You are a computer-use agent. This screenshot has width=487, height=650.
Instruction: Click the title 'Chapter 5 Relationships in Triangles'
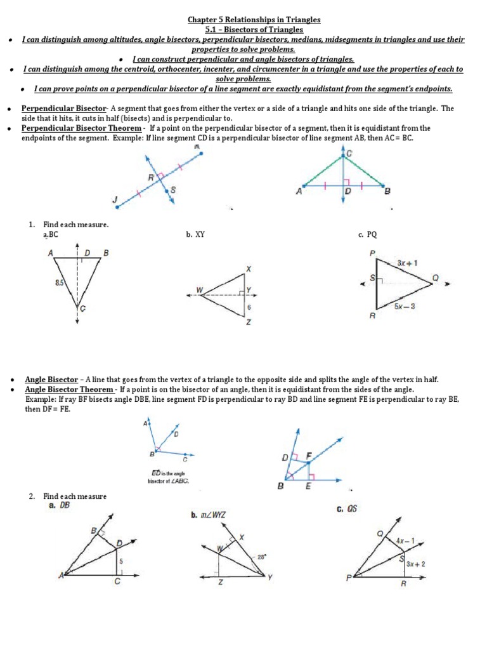point(245,19)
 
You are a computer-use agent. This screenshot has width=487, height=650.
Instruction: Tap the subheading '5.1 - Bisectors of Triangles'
point(245,29)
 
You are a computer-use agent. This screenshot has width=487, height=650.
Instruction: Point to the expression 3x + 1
point(406,262)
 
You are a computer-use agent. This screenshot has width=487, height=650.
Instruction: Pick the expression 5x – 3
point(405,307)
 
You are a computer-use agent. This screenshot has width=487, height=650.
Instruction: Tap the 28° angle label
point(261,557)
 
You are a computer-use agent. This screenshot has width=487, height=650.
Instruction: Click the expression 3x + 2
point(415,563)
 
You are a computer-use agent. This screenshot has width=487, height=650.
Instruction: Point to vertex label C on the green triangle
point(349,153)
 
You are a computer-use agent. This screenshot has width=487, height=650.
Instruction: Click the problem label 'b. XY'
point(195,235)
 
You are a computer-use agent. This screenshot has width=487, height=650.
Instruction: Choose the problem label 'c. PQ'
point(367,235)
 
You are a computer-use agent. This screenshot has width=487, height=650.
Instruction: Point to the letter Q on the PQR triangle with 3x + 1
point(435,277)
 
